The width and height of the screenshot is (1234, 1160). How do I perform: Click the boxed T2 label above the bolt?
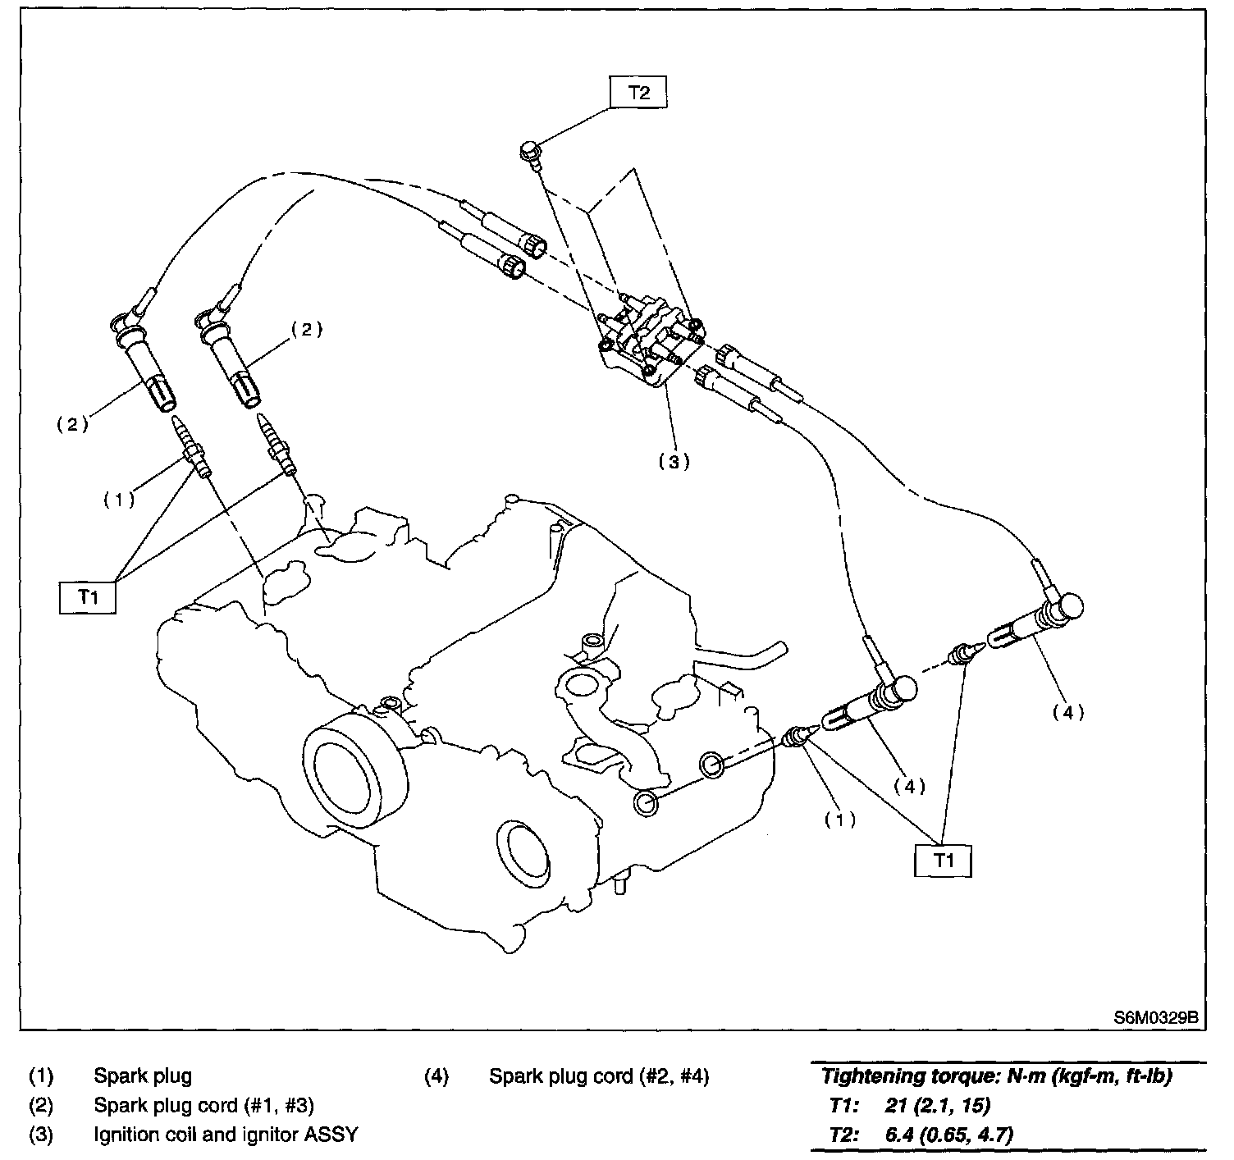coord(638,93)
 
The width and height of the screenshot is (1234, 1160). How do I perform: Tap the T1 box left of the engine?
coord(88,597)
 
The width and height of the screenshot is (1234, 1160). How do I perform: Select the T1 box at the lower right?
coord(944,861)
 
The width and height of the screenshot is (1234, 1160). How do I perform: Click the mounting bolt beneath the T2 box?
coord(530,153)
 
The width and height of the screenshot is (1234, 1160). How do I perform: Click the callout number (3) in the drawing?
coord(674,461)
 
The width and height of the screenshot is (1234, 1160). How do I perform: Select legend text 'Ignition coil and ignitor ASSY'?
coord(226,1135)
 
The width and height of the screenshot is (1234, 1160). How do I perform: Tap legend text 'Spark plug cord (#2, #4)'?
coord(599,1076)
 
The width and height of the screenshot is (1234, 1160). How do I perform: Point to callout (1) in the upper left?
coord(119,500)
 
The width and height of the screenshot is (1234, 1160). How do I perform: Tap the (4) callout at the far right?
coord(1068,713)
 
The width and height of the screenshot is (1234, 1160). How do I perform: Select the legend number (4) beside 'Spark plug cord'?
coord(436,1076)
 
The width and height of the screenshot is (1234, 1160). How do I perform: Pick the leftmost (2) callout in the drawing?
coord(71,424)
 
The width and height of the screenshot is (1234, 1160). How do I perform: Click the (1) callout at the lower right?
coord(839,819)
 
